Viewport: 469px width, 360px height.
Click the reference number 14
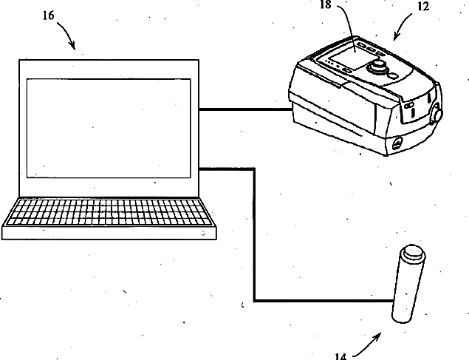pos(340,356)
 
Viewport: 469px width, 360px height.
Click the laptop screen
pos(108,127)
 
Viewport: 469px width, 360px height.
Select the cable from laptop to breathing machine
pos(246,111)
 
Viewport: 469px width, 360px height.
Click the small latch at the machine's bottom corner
pos(397,143)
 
